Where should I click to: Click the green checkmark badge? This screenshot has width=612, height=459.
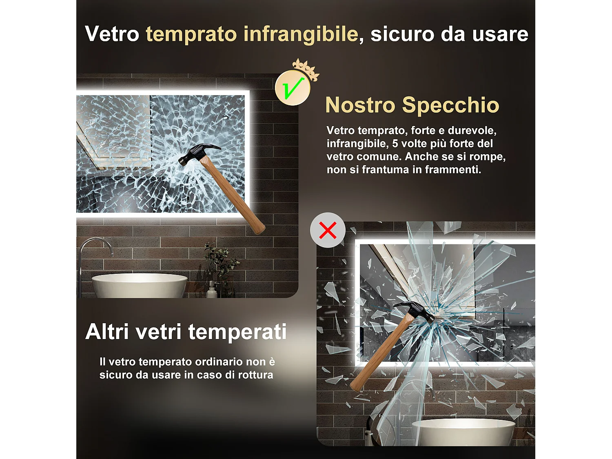click(x=293, y=88)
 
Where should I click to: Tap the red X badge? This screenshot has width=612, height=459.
click(x=328, y=230)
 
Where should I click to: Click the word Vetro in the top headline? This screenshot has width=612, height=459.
click(x=112, y=34)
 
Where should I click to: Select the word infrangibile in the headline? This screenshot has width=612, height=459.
click(x=301, y=34)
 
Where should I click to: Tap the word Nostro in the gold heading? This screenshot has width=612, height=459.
click(x=360, y=105)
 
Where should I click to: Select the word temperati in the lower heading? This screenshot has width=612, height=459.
click(x=237, y=331)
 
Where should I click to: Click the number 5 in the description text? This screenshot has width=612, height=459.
click(x=395, y=144)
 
